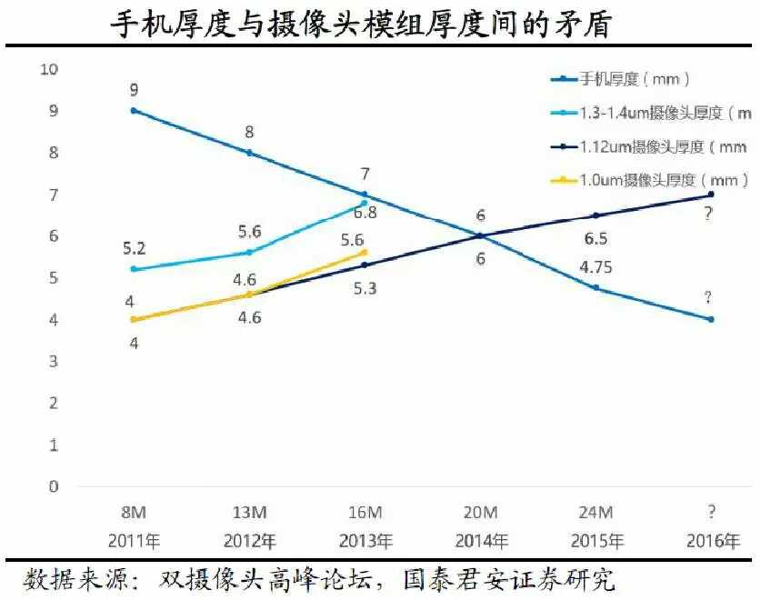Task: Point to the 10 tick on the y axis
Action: [48, 69]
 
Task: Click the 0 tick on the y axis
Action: [54, 486]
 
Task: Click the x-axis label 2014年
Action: [481, 541]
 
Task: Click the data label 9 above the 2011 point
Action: [134, 90]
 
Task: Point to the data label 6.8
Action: [365, 214]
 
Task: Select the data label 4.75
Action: [596, 268]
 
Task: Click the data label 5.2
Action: [134, 248]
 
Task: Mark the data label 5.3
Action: [365, 288]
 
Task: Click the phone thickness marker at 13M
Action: [249, 153]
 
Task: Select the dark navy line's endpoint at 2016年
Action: [711, 195]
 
